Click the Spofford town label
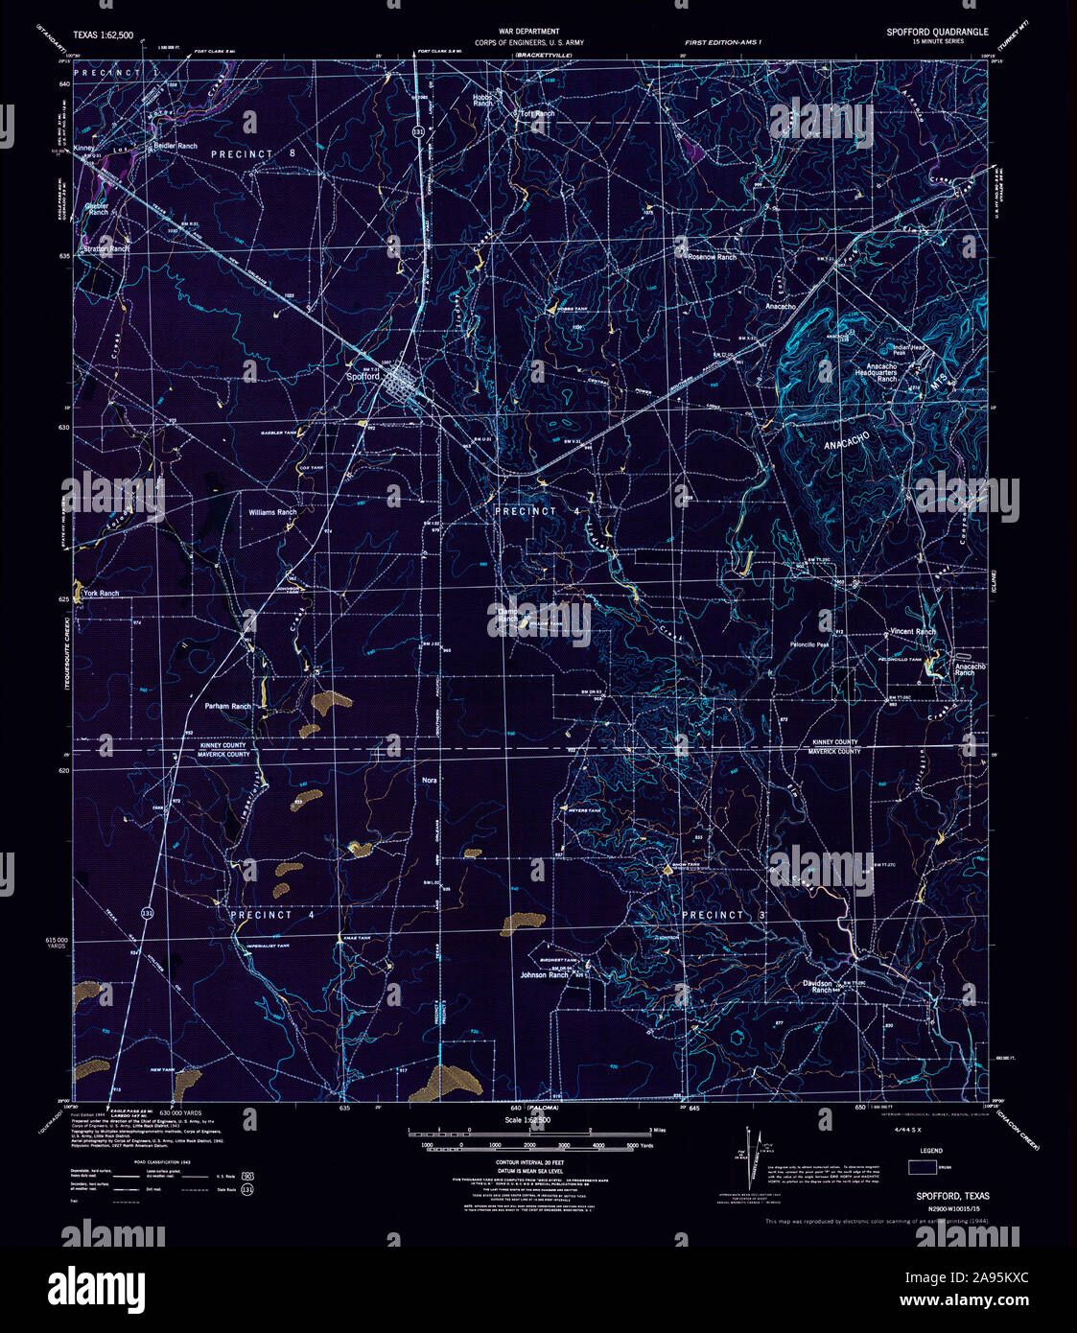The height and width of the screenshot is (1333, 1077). tap(363, 377)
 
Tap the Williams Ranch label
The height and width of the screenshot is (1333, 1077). tap(272, 512)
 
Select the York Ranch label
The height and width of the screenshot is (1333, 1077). tap(101, 594)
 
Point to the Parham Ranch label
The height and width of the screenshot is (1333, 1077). tap(228, 706)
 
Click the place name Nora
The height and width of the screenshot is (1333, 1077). tap(430, 781)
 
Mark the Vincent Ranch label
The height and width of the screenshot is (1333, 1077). tap(912, 632)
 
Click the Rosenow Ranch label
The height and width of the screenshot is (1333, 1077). tap(712, 257)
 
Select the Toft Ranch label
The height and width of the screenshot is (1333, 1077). tap(537, 114)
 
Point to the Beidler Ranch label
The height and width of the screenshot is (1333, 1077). tap(175, 146)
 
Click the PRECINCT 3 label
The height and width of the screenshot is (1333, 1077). tap(725, 915)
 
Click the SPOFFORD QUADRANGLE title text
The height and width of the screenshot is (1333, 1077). tap(936, 32)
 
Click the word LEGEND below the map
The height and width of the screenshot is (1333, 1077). tap(931, 1150)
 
